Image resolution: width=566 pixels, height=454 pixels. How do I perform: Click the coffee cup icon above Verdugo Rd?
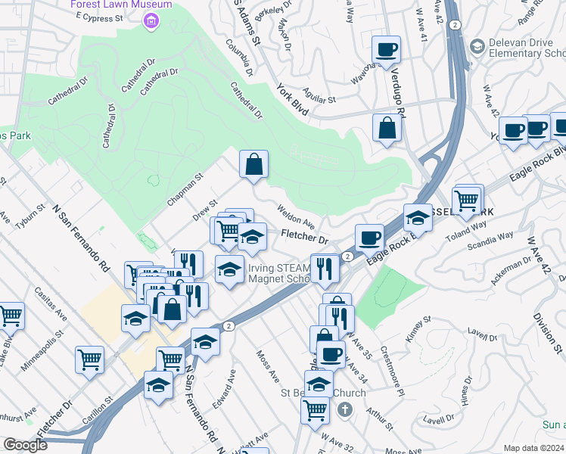point(387,50)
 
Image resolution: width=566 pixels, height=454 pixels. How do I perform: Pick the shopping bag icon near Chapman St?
point(254,164)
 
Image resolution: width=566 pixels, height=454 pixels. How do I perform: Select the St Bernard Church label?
point(323,393)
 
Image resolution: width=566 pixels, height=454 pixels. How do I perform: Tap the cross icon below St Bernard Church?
point(345,410)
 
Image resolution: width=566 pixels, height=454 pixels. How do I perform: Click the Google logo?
point(26,444)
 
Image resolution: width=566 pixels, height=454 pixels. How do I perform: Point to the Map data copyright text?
point(533,448)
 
